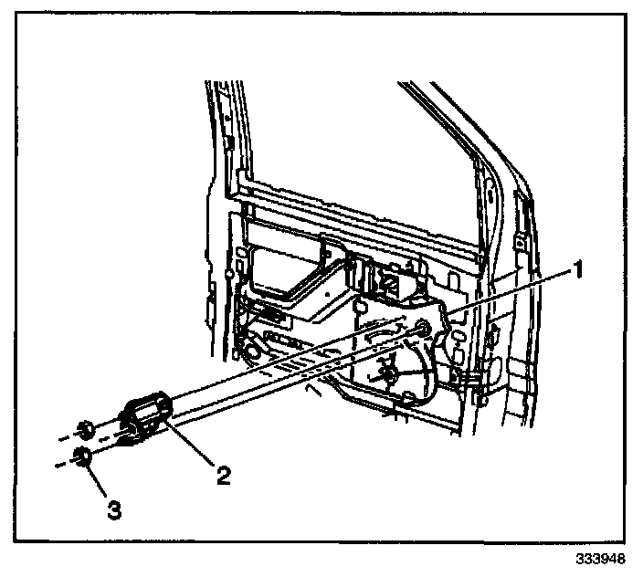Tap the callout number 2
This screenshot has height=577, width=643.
click(222, 475)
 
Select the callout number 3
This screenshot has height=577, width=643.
click(113, 509)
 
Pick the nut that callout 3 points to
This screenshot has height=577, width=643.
click(82, 457)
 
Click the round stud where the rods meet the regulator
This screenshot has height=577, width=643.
click(424, 329)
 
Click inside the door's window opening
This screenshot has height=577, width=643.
click(365, 137)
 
